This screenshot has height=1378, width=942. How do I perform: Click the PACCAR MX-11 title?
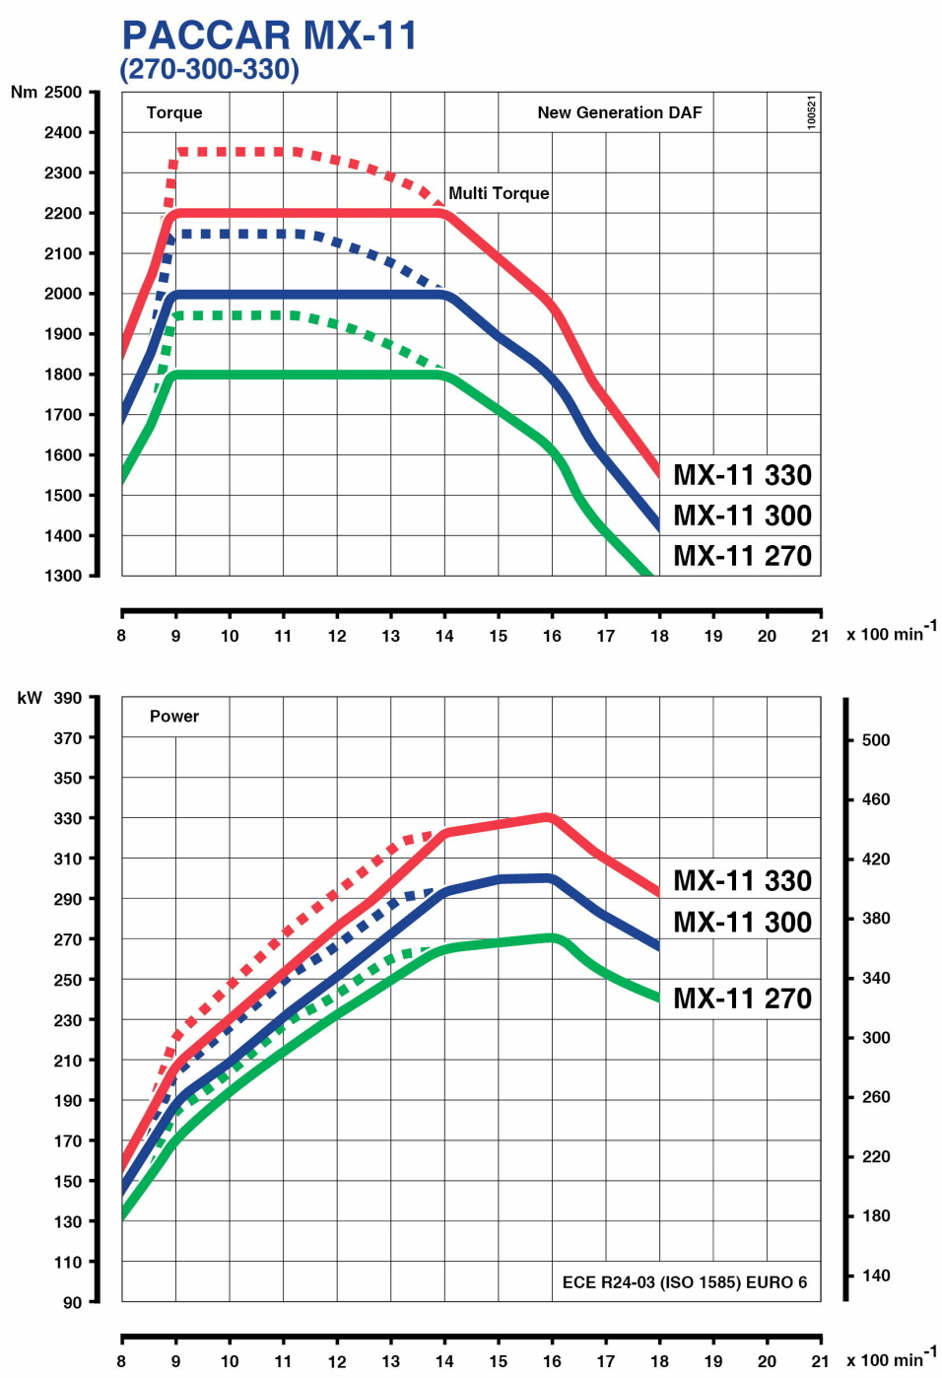[x=269, y=35]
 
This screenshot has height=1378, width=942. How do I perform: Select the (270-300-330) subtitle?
[x=209, y=69]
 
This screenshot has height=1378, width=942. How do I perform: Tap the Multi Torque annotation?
[x=499, y=193]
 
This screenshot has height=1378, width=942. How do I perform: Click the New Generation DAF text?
[x=619, y=112]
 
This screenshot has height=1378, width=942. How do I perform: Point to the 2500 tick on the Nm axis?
[x=63, y=92]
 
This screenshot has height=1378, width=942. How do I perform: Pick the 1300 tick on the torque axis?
[x=63, y=576]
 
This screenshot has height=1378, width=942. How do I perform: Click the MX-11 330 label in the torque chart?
[x=742, y=475]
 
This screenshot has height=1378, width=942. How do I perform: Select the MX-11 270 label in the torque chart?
[x=742, y=556]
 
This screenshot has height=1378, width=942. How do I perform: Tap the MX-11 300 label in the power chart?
[x=742, y=922]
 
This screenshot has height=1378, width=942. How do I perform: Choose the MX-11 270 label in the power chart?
[x=742, y=999]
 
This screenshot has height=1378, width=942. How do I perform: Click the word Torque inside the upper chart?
[x=174, y=112]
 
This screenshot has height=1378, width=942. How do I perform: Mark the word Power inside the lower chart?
[x=174, y=717]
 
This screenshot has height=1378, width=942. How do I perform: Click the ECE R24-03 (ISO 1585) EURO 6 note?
[x=684, y=1282]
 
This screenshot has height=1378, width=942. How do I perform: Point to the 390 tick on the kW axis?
[x=68, y=698]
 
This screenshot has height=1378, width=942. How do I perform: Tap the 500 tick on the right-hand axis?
[x=876, y=740]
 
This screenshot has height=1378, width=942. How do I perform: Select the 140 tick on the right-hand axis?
[x=876, y=1275]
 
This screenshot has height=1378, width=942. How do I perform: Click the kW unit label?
[x=30, y=698]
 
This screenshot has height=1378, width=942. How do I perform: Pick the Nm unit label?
[x=24, y=92]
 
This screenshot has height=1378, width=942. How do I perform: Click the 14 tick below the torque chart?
[x=444, y=636]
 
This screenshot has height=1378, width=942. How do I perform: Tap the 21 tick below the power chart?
[x=820, y=1361]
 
